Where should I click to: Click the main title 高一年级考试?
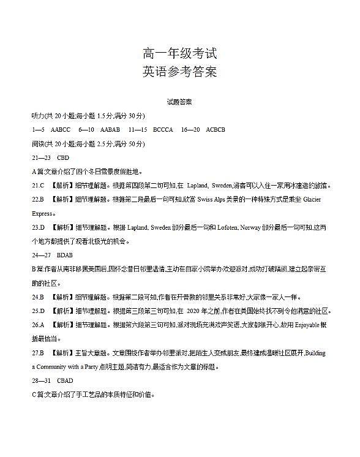click(x=179, y=53)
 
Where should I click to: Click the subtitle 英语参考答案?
click(x=179, y=72)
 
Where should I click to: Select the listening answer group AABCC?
click(x=61, y=129)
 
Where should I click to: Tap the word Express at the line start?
click(x=42, y=214)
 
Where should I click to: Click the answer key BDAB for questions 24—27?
click(x=64, y=254)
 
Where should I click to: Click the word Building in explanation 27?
click(x=315, y=353)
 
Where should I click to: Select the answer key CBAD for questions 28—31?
click(x=64, y=381)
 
